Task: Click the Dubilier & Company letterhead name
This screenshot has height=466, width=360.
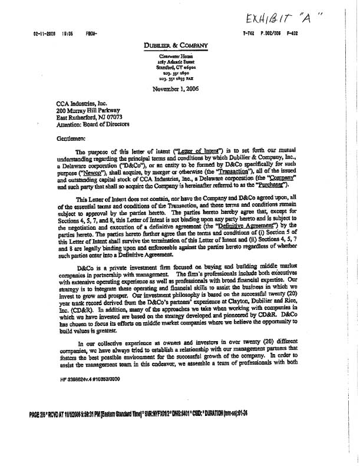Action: pyautogui.click(x=173, y=45)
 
